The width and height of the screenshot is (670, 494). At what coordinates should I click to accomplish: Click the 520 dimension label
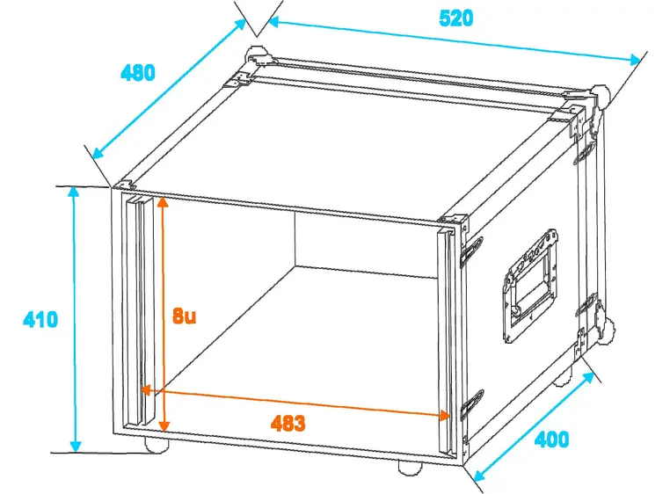pos(456,18)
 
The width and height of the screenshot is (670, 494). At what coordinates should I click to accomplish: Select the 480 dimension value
pos(137,73)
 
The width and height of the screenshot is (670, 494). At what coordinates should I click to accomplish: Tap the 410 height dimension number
pos(40,319)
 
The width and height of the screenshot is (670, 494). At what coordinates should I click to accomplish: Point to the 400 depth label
pos(551,440)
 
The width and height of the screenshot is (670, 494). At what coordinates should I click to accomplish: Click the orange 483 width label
pos(288,423)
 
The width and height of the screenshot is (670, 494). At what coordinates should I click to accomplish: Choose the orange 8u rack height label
pos(184,316)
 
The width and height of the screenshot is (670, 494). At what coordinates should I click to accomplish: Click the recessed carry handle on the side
pos(531,285)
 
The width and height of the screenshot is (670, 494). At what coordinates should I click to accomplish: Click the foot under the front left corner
pos(157,445)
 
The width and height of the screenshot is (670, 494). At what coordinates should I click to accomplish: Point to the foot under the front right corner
pos(411,467)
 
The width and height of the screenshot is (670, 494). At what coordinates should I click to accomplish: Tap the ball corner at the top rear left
pos(257,55)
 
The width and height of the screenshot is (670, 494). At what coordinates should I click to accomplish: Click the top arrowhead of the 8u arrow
pos(163,200)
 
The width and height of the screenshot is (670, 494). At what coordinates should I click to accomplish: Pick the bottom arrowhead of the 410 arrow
pos(76,447)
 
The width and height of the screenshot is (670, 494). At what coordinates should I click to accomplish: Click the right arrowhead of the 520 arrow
pos(636,60)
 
